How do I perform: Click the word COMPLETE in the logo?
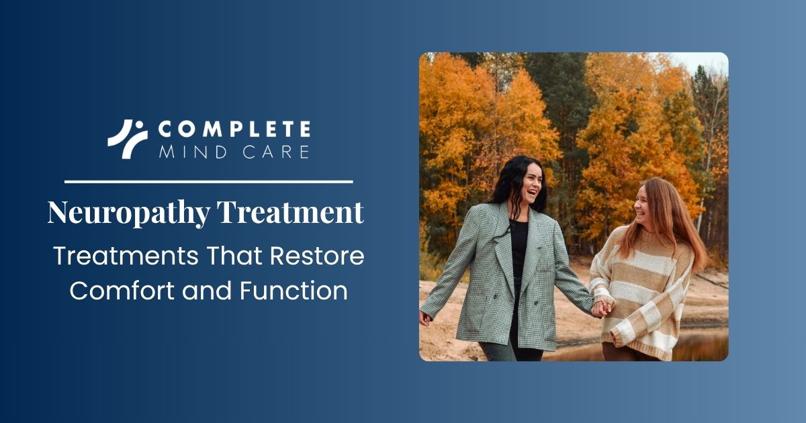(234, 129)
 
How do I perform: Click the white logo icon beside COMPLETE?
(128, 139)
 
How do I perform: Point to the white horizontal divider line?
(208, 181)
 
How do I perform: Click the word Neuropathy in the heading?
(128, 214)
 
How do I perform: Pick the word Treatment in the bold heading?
(290, 213)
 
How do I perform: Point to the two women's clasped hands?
(602, 308)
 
